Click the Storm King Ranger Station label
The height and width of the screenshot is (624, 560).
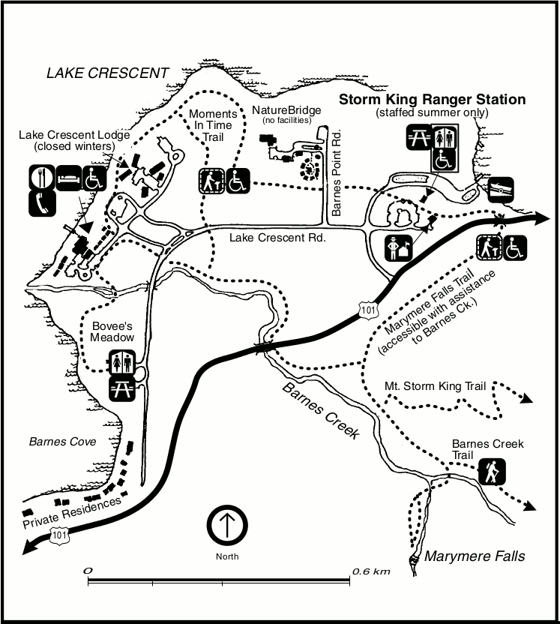coord(433,100)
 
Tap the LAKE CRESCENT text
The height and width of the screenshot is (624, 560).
coord(107,73)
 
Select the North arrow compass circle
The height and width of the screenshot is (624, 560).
coord(227,526)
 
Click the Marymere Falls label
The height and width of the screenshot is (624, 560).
coord(475,556)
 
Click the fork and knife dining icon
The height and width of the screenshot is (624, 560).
coord(40,178)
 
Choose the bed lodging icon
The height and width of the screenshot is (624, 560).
coord(67,178)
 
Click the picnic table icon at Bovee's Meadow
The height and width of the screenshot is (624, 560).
coord(121,388)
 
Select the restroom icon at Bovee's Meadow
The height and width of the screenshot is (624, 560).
coord(121,363)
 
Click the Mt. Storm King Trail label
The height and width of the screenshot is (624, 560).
coord(435,387)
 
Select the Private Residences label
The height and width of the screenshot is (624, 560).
coord(72,512)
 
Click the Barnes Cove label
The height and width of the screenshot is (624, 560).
coord(62,442)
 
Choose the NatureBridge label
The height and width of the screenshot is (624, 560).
coord(286,110)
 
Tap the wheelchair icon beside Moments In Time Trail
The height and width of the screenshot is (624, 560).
coord(237,181)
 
